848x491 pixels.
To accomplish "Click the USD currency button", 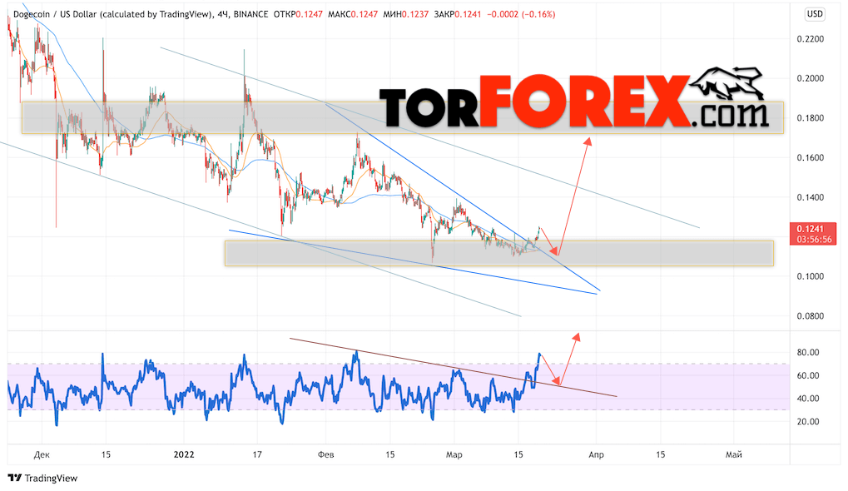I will [x=815, y=14].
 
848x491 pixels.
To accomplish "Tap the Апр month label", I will [x=596, y=454].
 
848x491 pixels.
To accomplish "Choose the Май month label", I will [x=733, y=454].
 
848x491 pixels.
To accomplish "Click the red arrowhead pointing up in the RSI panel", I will [x=575, y=338].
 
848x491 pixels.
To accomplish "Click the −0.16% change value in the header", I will [x=537, y=14].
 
